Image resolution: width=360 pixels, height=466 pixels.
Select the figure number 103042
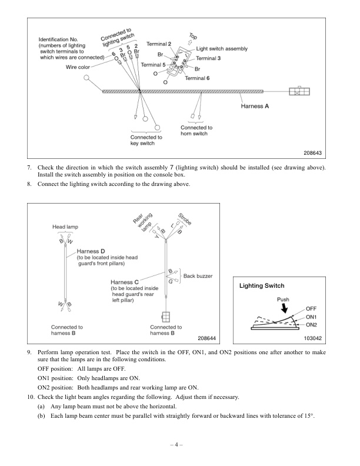pos(316,339)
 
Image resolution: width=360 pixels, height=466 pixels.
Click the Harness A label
pos(255,106)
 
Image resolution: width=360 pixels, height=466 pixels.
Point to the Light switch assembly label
pos(222,49)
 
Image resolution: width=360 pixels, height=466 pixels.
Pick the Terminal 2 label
pos(159,44)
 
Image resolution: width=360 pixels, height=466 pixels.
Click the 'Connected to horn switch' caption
pos(196,131)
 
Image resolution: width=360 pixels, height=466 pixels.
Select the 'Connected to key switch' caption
pos(146,140)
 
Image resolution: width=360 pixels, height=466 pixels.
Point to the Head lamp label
pos(65,227)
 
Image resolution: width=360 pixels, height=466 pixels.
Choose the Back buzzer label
pos(198,275)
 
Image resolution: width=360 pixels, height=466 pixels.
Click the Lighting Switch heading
pos(262,285)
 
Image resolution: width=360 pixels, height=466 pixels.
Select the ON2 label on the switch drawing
pos(312,324)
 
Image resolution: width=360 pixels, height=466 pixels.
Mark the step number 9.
pos(30,351)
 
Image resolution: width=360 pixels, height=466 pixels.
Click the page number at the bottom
pos(179,442)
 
